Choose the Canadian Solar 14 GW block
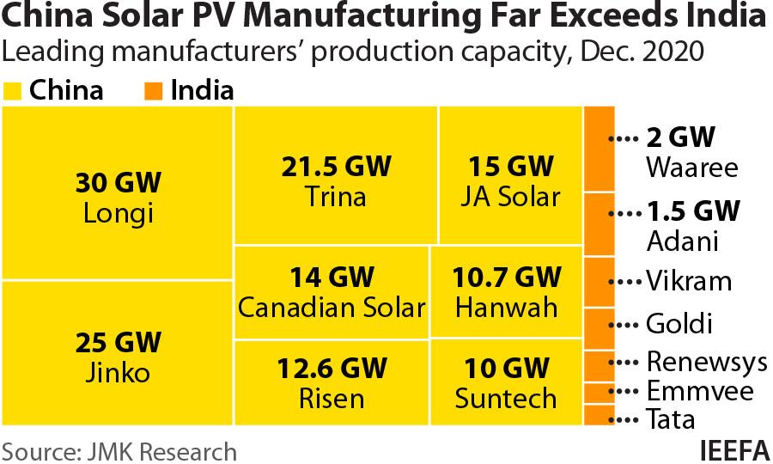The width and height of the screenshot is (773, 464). pos(331,291)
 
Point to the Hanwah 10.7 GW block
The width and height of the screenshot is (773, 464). pos(506,291)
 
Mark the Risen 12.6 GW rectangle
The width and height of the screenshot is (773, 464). pos(331,382)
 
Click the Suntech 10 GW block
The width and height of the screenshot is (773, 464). pos(506,382)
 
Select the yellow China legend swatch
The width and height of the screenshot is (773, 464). pos(13,91)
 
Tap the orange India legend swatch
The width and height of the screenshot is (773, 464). pos(154,91)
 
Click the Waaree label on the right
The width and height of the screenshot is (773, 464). pos(691,167)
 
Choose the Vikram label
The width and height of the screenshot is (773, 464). pos(689,281)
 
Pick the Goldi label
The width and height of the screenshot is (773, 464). pos(679,324)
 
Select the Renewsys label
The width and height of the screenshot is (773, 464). pos(706,362)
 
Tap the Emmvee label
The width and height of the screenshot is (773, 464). pos(699,392)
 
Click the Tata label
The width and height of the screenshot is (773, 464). pos(670,420)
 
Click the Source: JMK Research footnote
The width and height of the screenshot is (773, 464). pos(119,450)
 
